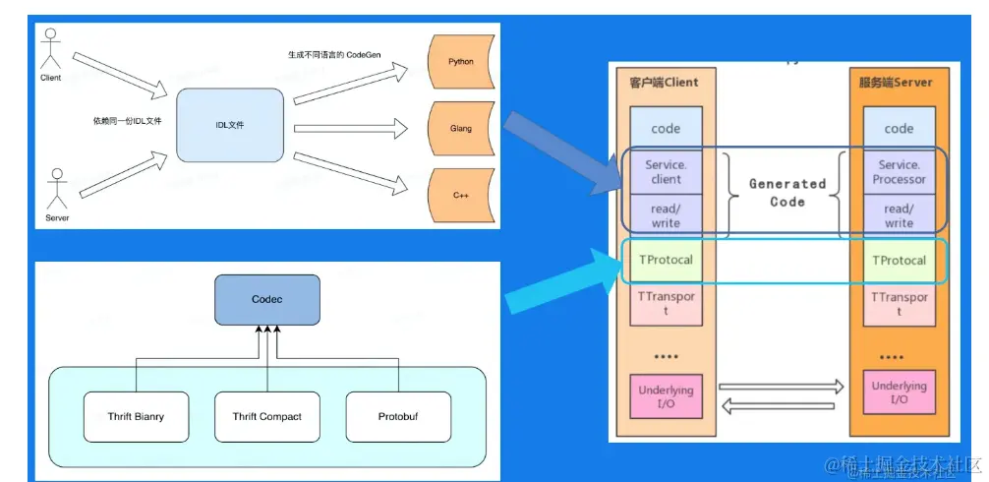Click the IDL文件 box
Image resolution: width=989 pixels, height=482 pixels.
pyautogui.click(x=231, y=125)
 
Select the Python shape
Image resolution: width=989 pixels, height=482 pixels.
pyautogui.click(x=459, y=62)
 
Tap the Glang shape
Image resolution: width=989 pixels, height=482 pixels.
pyautogui.click(x=459, y=129)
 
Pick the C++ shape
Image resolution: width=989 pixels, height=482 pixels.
pyautogui.click(x=459, y=196)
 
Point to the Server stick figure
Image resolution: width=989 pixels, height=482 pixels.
pyautogui.click(x=57, y=188)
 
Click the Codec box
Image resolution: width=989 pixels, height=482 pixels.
pyautogui.click(x=266, y=299)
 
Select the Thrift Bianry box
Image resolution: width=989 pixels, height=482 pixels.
pyautogui.click(x=136, y=416)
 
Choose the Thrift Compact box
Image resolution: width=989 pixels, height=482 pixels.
pyautogui.click(x=266, y=416)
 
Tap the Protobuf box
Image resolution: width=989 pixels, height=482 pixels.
pyautogui.click(x=397, y=416)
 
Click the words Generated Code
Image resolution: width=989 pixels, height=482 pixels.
pyautogui.click(x=786, y=192)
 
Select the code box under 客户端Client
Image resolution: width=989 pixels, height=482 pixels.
pyautogui.click(x=666, y=129)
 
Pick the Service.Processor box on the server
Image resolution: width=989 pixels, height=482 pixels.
pyautogui.click(x=899, y=172)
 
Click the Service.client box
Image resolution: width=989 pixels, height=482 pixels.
pyautogui.click(x=666, y=172)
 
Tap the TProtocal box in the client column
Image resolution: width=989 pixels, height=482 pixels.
pyautogui.click(x=666, y=261)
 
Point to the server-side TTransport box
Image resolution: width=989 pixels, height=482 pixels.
pyautogui.click(x=899, y=304)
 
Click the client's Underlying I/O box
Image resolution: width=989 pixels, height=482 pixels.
pyautogui.click(x=666, y=396)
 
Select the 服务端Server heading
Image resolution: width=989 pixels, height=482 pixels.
pyautogui.click(x=895, y=83)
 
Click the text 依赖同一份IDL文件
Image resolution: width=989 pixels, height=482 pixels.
pyautogui.click(x=127, y=120)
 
